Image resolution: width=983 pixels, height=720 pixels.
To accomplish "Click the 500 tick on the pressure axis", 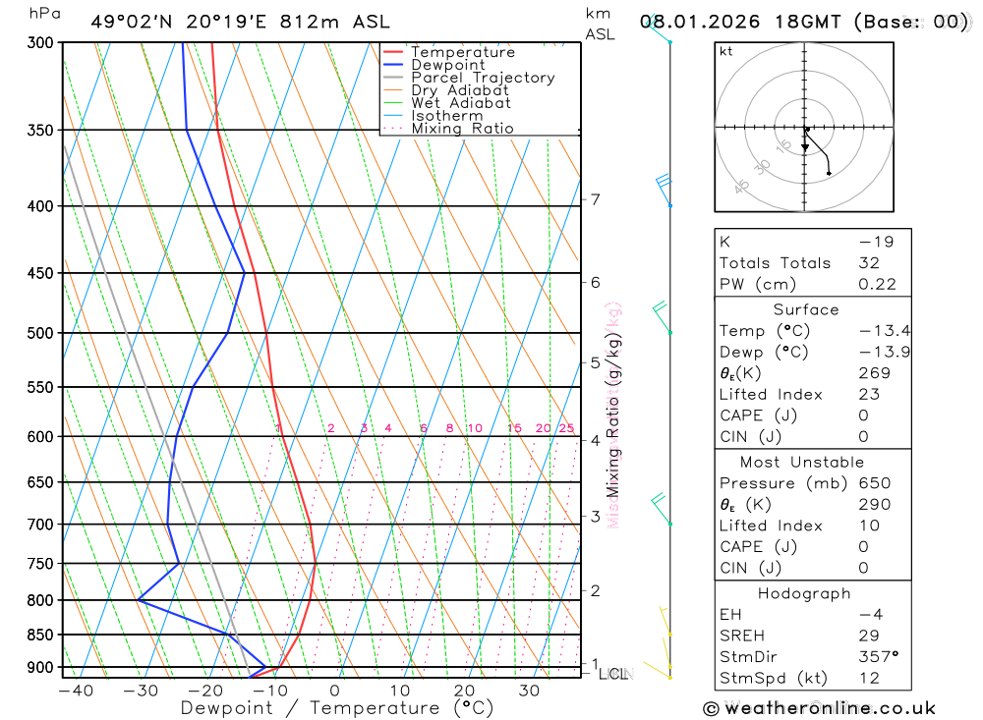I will (41, 333).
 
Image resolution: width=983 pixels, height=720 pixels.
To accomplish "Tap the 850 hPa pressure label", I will (41, 635).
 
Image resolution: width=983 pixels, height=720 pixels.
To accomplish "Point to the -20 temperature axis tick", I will (205, 691).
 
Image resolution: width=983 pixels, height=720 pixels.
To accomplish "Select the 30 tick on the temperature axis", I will (529, 691).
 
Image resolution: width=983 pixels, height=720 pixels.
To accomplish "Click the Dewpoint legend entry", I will (448, 65).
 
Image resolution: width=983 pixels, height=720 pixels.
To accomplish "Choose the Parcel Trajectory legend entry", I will (483, 78).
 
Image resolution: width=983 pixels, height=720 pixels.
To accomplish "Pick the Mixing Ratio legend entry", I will (462, 129).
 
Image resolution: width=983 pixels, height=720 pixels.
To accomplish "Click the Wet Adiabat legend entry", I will (460, 103).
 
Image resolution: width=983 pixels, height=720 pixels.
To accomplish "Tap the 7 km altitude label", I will (595, 199).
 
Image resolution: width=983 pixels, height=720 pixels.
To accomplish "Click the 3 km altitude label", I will (595, 516).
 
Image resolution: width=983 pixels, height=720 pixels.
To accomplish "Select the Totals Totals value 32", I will (868, 263).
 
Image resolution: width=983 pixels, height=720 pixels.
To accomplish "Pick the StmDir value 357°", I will (877, 657).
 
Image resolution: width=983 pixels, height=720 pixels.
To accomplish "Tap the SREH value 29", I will (868, 636).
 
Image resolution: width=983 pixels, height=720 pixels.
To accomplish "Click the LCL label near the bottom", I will (613, 674).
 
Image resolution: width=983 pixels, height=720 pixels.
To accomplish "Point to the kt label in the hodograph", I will (726, 52).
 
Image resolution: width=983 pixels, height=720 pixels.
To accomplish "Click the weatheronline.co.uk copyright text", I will (819, 708).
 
